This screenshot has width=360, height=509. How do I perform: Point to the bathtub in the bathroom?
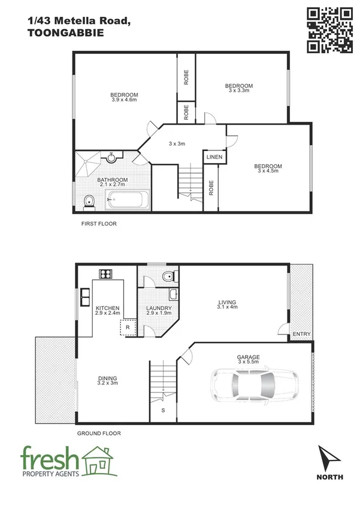click(x=129, y=199)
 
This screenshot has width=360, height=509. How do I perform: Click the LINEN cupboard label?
click(x=214, y=157)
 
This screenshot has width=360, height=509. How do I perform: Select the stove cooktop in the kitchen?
click(x=105, y=274)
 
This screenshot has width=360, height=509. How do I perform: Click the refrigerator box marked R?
click(x=127, y=328)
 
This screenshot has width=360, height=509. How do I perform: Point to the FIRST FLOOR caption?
click(x=99, y=224)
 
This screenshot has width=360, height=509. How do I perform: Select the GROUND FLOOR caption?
click(x=99, y=433)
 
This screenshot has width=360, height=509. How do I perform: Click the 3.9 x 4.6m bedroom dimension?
click(x=124, y=100)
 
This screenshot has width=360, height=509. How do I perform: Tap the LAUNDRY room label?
click(x=159, y=308)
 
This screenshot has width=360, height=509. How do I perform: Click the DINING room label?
click(x=108, y=378)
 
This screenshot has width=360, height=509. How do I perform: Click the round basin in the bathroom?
click(x=111, y=158)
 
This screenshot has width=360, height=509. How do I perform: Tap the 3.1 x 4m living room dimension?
click(x=227, y=307)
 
